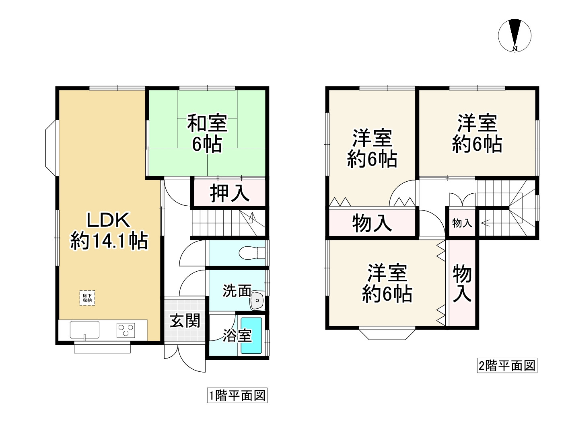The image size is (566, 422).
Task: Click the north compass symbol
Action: click(515, 35)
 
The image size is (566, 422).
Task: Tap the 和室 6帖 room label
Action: click(207, 133)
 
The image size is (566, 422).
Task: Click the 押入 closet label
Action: click(229, 193)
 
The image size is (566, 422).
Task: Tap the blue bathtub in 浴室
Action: click(251, 336)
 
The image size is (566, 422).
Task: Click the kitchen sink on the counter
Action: click(84, 330)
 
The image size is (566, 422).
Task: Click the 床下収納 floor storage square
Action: click(87, 298)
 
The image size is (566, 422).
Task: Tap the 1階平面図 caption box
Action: click(237, 395)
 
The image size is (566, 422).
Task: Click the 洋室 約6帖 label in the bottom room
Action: click(387, 283)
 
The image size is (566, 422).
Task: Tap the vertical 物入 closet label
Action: click(462, 283)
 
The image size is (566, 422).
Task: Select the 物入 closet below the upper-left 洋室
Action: click(372, 223)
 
